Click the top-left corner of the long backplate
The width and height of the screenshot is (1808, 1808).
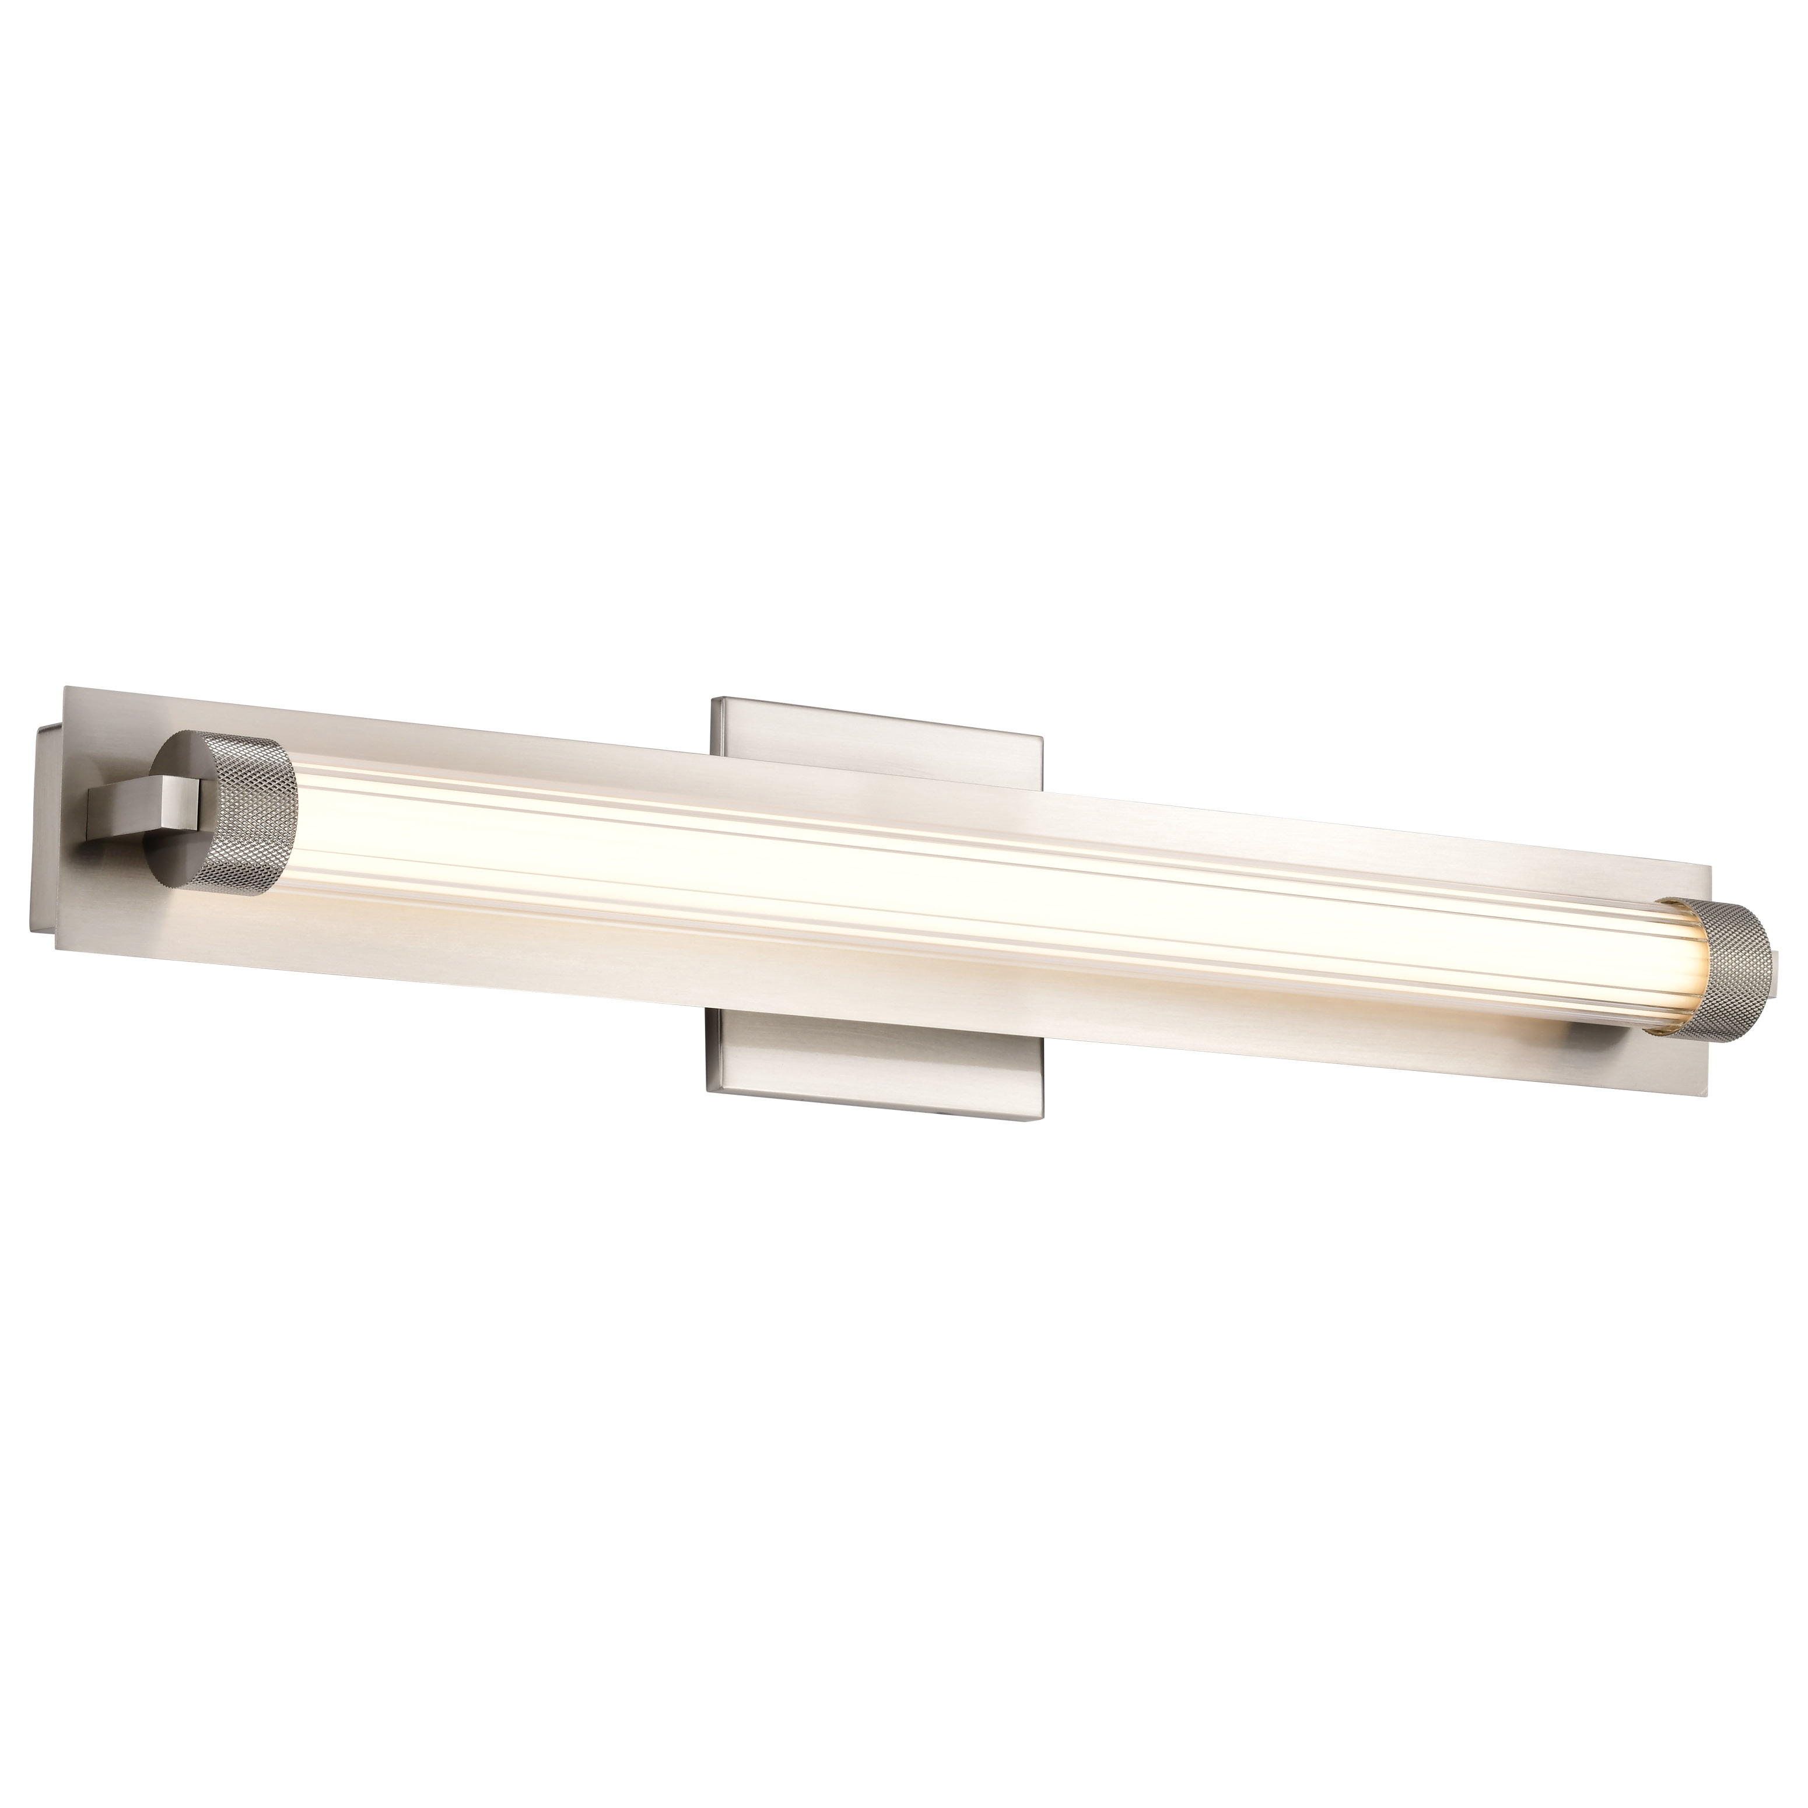(x=64, y=688)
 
